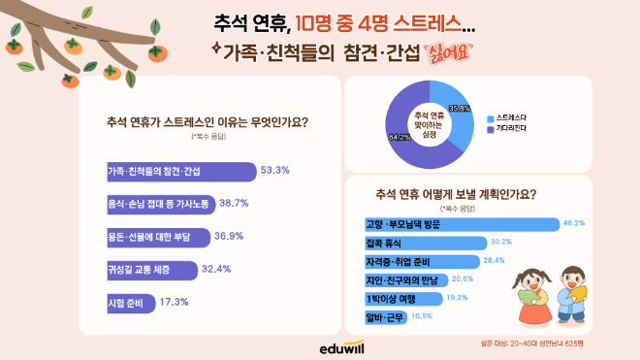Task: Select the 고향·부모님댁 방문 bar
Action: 455,224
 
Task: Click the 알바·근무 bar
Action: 377,315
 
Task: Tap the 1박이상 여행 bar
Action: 397,298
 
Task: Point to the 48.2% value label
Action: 575,223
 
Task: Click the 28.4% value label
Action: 494,260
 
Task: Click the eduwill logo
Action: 320,346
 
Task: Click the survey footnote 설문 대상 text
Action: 586,344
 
